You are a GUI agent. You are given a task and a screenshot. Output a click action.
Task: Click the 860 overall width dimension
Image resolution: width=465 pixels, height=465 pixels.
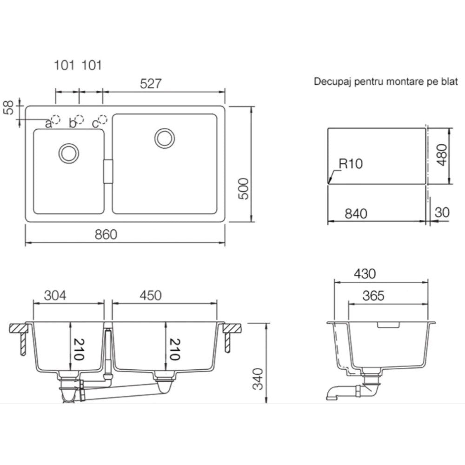[x=106, y=234]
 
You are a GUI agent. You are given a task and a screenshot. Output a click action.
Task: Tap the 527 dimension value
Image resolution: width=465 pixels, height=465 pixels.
[x=151, y=84]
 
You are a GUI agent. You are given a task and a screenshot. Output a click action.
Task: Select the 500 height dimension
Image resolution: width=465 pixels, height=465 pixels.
[x=244, y=189]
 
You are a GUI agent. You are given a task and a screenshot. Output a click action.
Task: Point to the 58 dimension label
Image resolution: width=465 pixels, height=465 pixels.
[x=9, y=107]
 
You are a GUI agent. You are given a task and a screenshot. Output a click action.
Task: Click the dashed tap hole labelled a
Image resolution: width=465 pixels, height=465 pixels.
[x=55, y=119]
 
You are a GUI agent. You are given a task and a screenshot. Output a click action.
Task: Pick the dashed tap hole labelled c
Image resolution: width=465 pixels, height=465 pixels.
[x=103, y=119]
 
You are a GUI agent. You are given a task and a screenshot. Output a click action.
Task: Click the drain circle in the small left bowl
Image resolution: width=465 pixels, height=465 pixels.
[x=69, y=153]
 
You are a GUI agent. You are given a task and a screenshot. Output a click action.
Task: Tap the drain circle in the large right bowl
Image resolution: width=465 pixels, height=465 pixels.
[x=165, y=138]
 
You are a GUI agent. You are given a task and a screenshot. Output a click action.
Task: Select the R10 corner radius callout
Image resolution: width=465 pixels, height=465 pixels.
[x=351, y=164]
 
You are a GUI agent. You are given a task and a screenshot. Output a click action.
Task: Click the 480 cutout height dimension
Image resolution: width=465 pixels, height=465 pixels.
[x=442, y=155]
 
